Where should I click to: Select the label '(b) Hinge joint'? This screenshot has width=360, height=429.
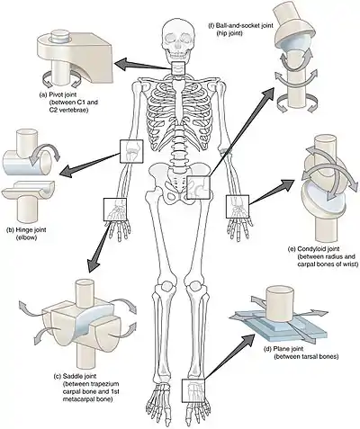[x=26, y=230]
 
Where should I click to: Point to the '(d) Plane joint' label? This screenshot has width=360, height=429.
[x=283, y=349]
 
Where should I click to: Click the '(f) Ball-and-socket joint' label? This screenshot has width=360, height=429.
[x=241, y=26]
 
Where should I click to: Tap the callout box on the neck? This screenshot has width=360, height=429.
[x=179, y=69]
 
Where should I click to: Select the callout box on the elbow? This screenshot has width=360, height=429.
[x=131, y=151]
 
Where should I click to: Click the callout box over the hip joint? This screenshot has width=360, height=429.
[x=198, y=188]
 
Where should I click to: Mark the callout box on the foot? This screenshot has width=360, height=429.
[x=193, y=390]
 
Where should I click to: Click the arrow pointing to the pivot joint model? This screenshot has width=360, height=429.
[x=143, y=66]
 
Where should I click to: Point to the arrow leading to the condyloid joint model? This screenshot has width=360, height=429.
[x=272, y=192]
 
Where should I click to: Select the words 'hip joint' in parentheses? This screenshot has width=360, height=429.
[x=229, y=33]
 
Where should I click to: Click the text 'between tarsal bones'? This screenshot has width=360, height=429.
[x=307, y=357]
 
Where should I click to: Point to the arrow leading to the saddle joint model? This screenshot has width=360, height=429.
[x=99, y=246]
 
